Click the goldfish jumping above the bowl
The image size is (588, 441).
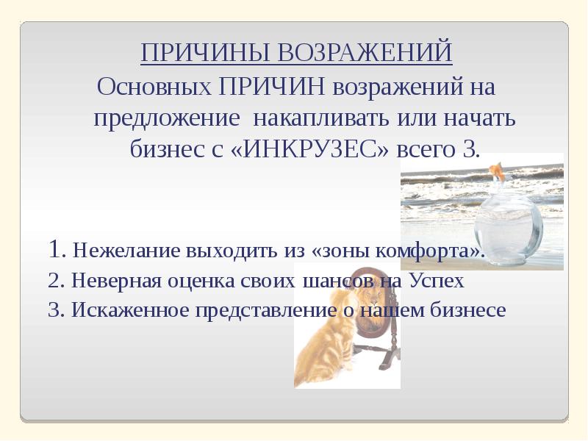497,173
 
